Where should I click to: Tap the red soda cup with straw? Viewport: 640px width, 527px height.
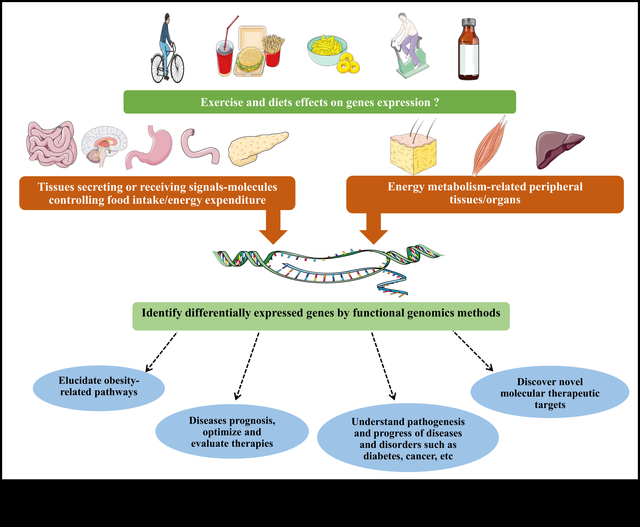click(224, 59)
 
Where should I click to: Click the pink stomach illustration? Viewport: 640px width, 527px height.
click(152, 147)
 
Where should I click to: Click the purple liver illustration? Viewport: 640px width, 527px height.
click(558, 149)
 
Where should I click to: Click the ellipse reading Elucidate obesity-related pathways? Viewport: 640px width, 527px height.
click(99, 388)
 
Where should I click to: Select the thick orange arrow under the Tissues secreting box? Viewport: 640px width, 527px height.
click(273, 228)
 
